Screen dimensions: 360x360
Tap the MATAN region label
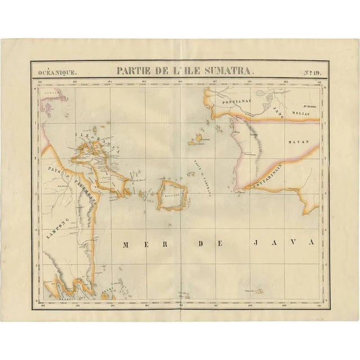296,143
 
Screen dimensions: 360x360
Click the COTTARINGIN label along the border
267,177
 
